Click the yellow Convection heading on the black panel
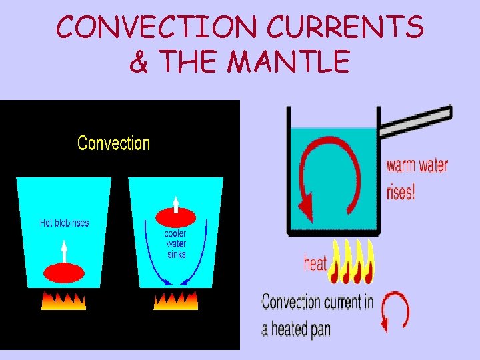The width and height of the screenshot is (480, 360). click(114, 143)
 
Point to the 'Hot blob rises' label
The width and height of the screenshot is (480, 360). click(64, 223)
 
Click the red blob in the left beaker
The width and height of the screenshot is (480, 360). click(63, 273)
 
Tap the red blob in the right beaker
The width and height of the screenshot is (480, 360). click(175, 217)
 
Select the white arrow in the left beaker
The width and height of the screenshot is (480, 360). click(64, 251)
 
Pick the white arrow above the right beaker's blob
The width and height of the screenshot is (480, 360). click(175, 202)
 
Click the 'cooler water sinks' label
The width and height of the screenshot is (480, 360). click(175, 244)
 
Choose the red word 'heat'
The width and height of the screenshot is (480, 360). click(315, 263)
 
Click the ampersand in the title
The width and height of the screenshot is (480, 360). click(138, 63)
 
